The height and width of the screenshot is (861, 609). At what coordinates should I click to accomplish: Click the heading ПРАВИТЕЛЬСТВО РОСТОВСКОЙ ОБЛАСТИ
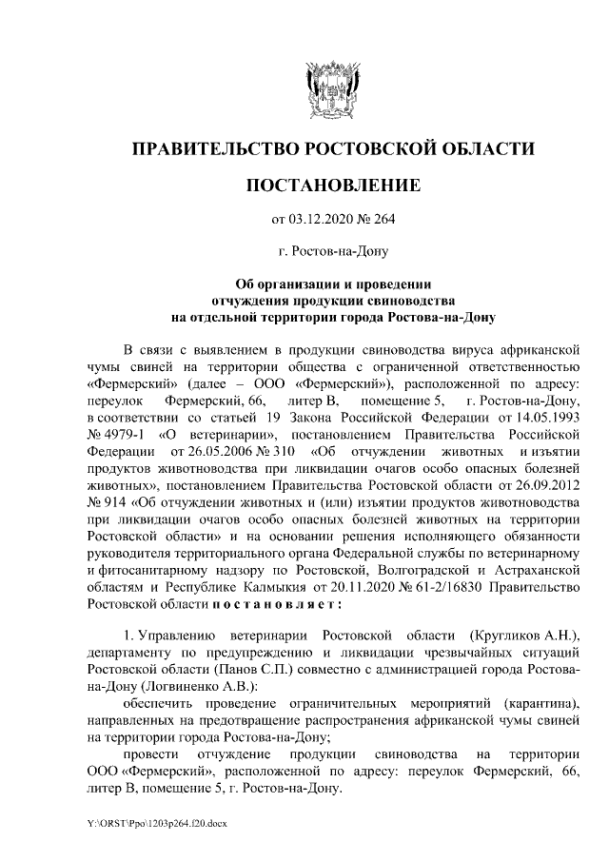point(332,148)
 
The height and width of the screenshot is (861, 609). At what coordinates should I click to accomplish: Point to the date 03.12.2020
point(320,220)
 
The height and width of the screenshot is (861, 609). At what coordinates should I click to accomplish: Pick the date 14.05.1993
point(545,419)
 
